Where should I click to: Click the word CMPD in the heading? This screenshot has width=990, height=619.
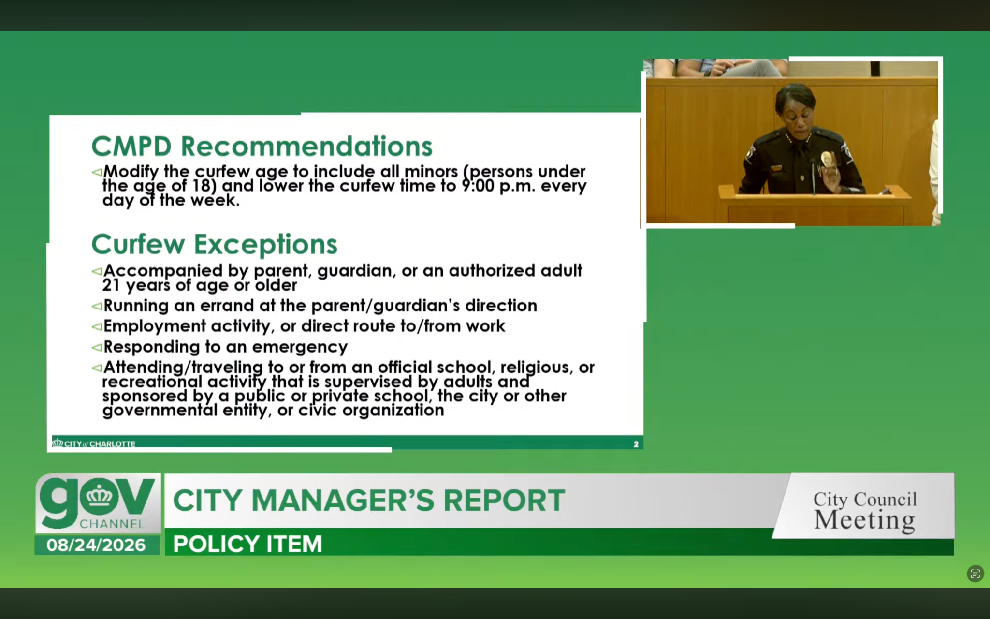131,147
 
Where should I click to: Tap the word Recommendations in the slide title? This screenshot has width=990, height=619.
306,147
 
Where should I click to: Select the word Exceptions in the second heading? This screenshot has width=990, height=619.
265,244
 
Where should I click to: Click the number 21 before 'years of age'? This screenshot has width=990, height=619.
111,285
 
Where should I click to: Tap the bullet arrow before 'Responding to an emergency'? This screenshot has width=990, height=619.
97,347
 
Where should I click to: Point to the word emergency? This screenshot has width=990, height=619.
300,348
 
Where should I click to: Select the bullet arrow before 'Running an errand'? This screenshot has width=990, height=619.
97,306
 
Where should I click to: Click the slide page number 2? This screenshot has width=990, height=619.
636,444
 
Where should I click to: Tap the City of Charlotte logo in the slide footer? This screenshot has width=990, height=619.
94,443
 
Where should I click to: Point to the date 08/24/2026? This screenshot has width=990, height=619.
96,545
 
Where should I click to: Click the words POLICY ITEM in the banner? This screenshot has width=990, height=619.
247,544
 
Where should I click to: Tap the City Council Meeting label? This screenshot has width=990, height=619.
865,510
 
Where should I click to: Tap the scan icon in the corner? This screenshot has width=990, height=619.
975,574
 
